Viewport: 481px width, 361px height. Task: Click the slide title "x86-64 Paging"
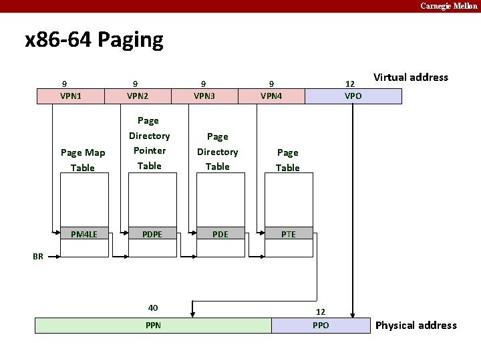pyautogui.click(x=94, y=41)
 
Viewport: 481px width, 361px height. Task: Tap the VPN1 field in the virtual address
pyautogui.click(x=71, y=96)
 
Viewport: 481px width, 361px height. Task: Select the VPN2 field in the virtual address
pyautogui.click(x=138, y=96)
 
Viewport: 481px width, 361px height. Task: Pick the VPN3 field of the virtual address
pyautogui.click(x=204, y=96)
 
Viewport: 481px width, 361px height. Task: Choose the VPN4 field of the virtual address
pyautogui.click(x=271, y=96)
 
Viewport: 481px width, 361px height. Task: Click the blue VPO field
pyautogui.click(x=353, y=96)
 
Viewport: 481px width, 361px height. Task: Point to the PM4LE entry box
pyautogui.click(x=84, y=234)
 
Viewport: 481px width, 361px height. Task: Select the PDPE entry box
pyautogui.click(x=151, y=234)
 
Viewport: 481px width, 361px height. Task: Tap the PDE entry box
pyautogui.click(x=220, y=234)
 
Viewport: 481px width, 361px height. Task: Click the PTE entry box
pyautogui.click(x=288, y=234)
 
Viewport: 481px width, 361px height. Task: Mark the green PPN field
pyautogui.click(x=153, y=326)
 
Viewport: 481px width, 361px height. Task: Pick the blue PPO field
pyautogui.click(x=321, y=326)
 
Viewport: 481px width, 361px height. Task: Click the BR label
pyautogui.click(x=38, y=256)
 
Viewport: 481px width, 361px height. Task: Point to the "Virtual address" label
pyautogui.click(x=411, y=77)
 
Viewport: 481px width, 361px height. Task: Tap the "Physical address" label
pyautogui.click(x=416, y=326)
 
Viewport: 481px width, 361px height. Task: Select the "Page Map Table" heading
pyautogui.click(x=83, y=160)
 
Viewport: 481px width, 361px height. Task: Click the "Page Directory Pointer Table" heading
pyautogui.click(x=149, y=143)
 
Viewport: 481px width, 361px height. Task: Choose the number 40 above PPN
pyautogui.click(x=153, y=308)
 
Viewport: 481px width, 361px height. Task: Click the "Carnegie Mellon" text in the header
pyautogui.click(x=449, y=6)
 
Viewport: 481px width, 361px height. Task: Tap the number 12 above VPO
pyautogui.click(x=349, y=84)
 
